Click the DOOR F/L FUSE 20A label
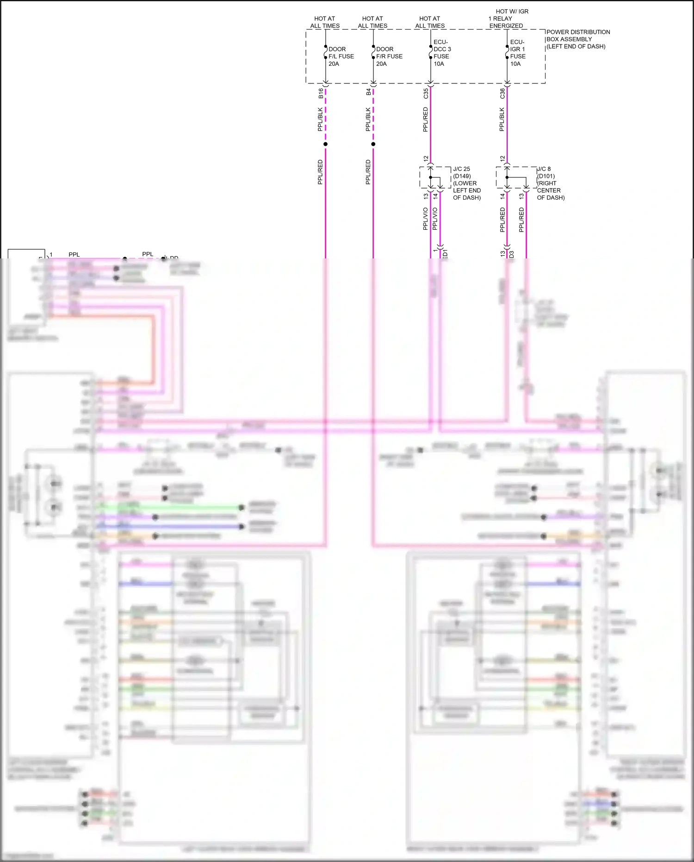pyautogui.click(x=341, y=57)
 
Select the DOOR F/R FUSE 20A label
pyautogui.click(x=389, y=57)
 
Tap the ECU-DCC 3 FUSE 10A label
pyautogui.click(x=442, y=53)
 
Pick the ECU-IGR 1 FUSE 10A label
pyautogui.click(x=518, y=53)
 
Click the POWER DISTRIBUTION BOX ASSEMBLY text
pyautogui.click(x=578, y=39)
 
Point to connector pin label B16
pyautogui.click(x=321, y=93)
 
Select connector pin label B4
pyautogui.click(x=368, y=92)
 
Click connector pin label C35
pyautogui.click(x=426, y=94)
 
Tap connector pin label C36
pyautogui.click(x=502, y=94)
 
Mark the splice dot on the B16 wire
pyautogui.click(x=325, y=144)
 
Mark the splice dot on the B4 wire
pyautogui.click(x=373, y=144)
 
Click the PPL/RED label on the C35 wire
pyautogui.click(x=426, y=120)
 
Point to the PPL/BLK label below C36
pyautogui.click(x=502, y=120)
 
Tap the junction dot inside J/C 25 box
pyautogui.click(x=431, y=177)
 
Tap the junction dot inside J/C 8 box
pyautogui.click(x=507, y=177)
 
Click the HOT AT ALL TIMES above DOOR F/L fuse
pyautogui.click(x=325, y=22)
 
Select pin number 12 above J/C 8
pyautogui.click(x=502, y=158)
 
